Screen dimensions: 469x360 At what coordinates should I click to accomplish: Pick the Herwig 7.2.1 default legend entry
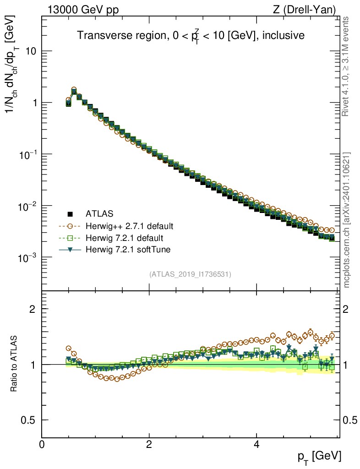point(124,238)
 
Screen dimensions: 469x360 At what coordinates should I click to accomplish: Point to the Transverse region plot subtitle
point(191,36)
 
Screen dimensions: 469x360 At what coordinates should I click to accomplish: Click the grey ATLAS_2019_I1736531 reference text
point(190,274)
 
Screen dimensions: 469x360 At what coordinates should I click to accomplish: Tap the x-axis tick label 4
point(256,445)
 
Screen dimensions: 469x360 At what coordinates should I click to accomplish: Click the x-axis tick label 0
point(42,445)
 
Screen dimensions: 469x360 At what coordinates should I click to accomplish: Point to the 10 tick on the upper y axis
point(30,51)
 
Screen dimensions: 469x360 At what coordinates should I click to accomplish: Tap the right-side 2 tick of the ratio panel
point(348,309)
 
